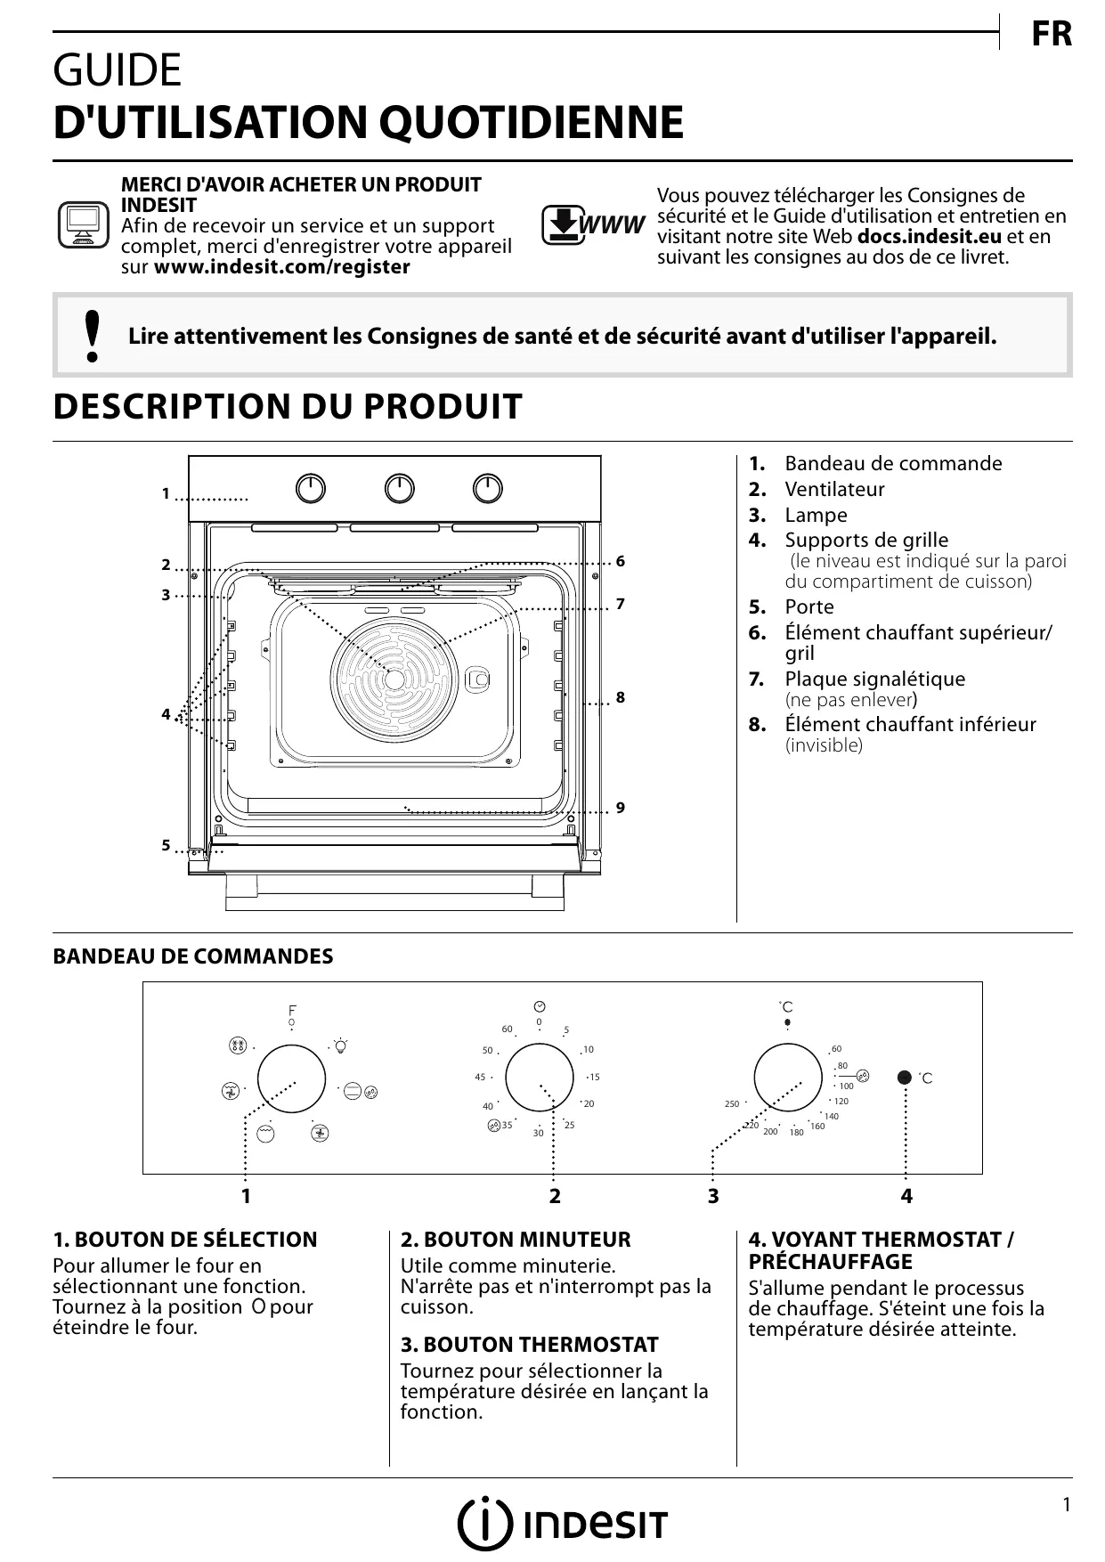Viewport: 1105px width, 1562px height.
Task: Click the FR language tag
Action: pos(1051,35)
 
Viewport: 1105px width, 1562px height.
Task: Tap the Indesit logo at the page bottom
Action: pos(562,1525)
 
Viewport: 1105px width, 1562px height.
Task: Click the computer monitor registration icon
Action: pos(83,225)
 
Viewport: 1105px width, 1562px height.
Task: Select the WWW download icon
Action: pos(592,225)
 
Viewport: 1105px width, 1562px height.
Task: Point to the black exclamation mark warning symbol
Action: pos(91,336)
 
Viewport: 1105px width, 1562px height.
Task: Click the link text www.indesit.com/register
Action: pos(282,267)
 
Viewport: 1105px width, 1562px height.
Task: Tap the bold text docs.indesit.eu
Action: pos(929,237)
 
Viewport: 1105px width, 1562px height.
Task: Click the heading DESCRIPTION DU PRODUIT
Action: pos(288,407)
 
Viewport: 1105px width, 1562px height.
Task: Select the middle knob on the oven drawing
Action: pos(400,488)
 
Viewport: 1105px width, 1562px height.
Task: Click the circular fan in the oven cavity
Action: pos(394,678)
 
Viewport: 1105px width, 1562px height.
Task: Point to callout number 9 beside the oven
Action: pos(621,808)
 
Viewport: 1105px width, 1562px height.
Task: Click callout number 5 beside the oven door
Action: pos(166,846)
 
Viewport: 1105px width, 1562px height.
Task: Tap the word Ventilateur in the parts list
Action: pos(834,489)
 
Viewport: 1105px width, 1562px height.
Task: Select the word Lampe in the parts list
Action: pos(816,515)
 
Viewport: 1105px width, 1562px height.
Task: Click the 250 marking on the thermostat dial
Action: pos(732,1104)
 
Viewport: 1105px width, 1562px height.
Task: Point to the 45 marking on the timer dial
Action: pos(480,1078)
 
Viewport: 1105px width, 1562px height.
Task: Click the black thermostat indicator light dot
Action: pos(905,1077)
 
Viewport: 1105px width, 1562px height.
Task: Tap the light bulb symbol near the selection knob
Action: pos(340,1045)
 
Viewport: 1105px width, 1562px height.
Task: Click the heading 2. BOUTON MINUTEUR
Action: pos(516,1240)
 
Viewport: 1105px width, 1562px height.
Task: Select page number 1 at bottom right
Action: pos(1066,1505)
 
